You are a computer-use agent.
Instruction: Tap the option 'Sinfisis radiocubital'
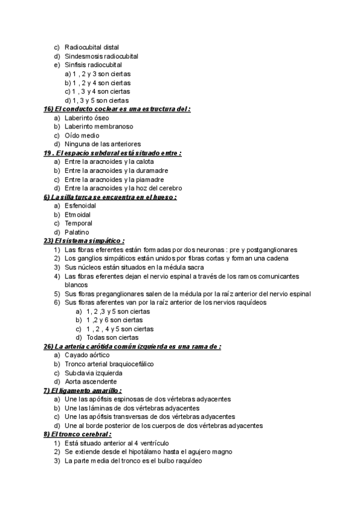click(x=93, y=65)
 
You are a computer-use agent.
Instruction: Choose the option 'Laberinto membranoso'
click(x=98, y=127)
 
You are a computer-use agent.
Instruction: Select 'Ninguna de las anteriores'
click(x=102, y=144)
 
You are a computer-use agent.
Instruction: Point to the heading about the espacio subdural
click(x=113, y=153)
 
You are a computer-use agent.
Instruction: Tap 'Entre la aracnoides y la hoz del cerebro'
click(x=122, y=188)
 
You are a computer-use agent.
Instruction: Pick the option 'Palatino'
click(x=77, y=232)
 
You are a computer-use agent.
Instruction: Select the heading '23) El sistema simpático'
click(x=84, y=241)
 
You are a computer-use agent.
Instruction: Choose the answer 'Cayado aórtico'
click(x=87, y=355)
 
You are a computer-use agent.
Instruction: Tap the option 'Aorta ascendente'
click(x=91, y=381)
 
